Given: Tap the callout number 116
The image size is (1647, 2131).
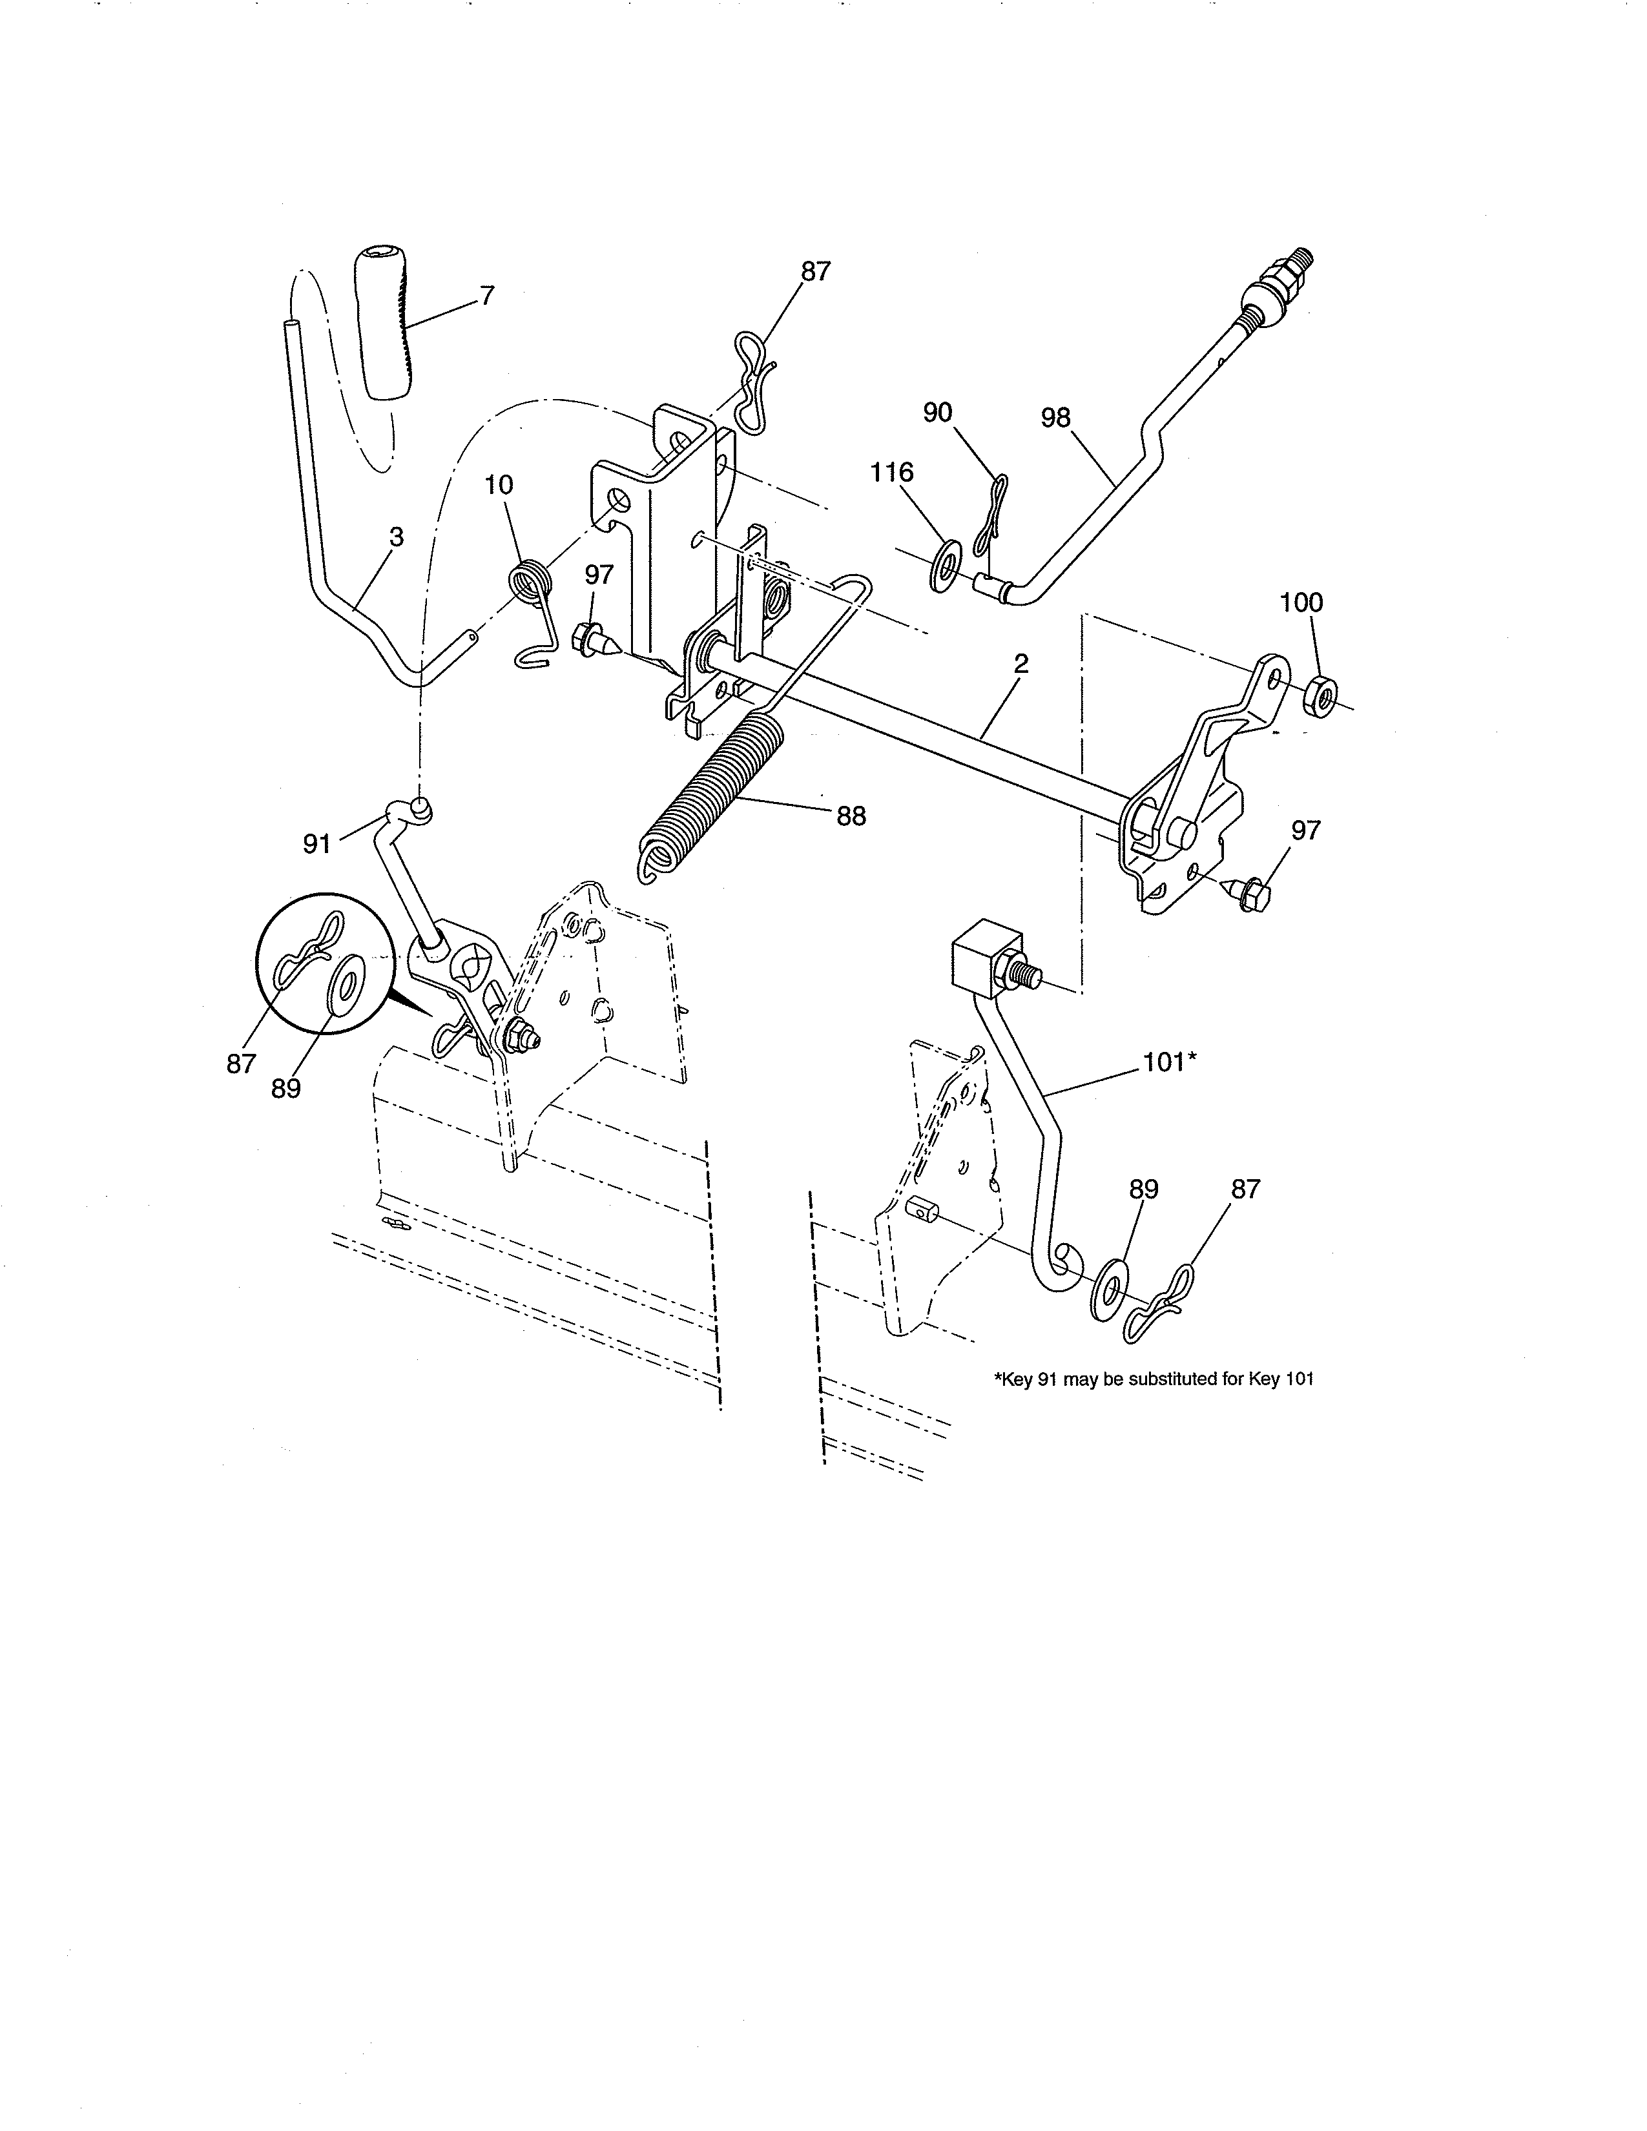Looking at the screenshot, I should pyautogui.click(x=892, y=473).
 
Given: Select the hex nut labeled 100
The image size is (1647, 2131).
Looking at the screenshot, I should pyautogui.click(x=1320, y=691).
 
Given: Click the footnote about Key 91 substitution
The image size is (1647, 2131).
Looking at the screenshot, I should pyautogui.click(x=1154, y=1380).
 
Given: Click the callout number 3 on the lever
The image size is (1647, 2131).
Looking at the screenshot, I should pyautogui.click(x=396, y=537).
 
